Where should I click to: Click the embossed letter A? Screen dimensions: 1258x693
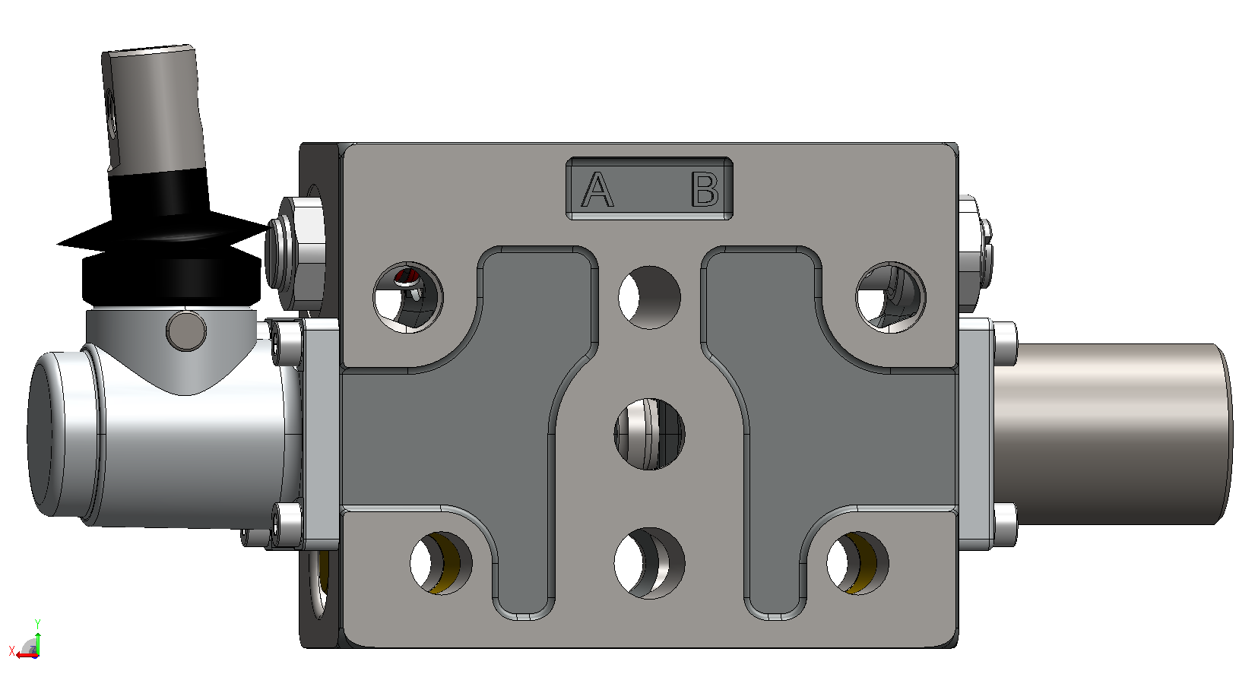pyautogui.click(x=597, y=189)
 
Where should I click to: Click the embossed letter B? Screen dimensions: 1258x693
pyautogui.click(x=705, y=189)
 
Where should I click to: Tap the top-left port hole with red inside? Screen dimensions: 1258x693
pyautogui.click(x=408, y=297)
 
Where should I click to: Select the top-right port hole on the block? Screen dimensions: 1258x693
pyautogui.click(x=891, y=297)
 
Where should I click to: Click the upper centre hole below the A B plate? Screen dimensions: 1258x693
pyautogui.click(x=650, y=297)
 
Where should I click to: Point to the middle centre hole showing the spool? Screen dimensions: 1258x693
pyautogui.click(x=650, y=434)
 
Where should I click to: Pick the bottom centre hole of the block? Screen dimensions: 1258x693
pyautogui.click(x=650, y=563)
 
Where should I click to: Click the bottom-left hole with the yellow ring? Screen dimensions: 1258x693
pyautogui.click(x=442, y=563)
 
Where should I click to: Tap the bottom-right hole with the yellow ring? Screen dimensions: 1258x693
pyautogui.click(x=858, y=563)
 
